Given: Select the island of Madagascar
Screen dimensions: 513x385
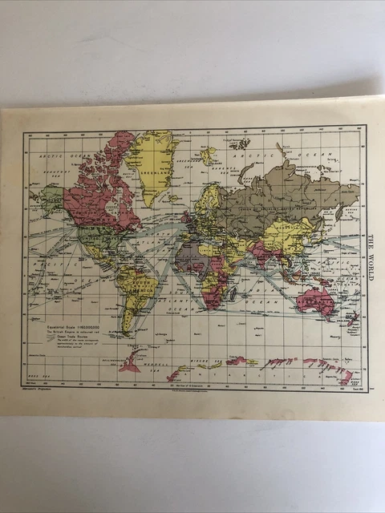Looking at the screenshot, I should (x=233, y=296).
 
